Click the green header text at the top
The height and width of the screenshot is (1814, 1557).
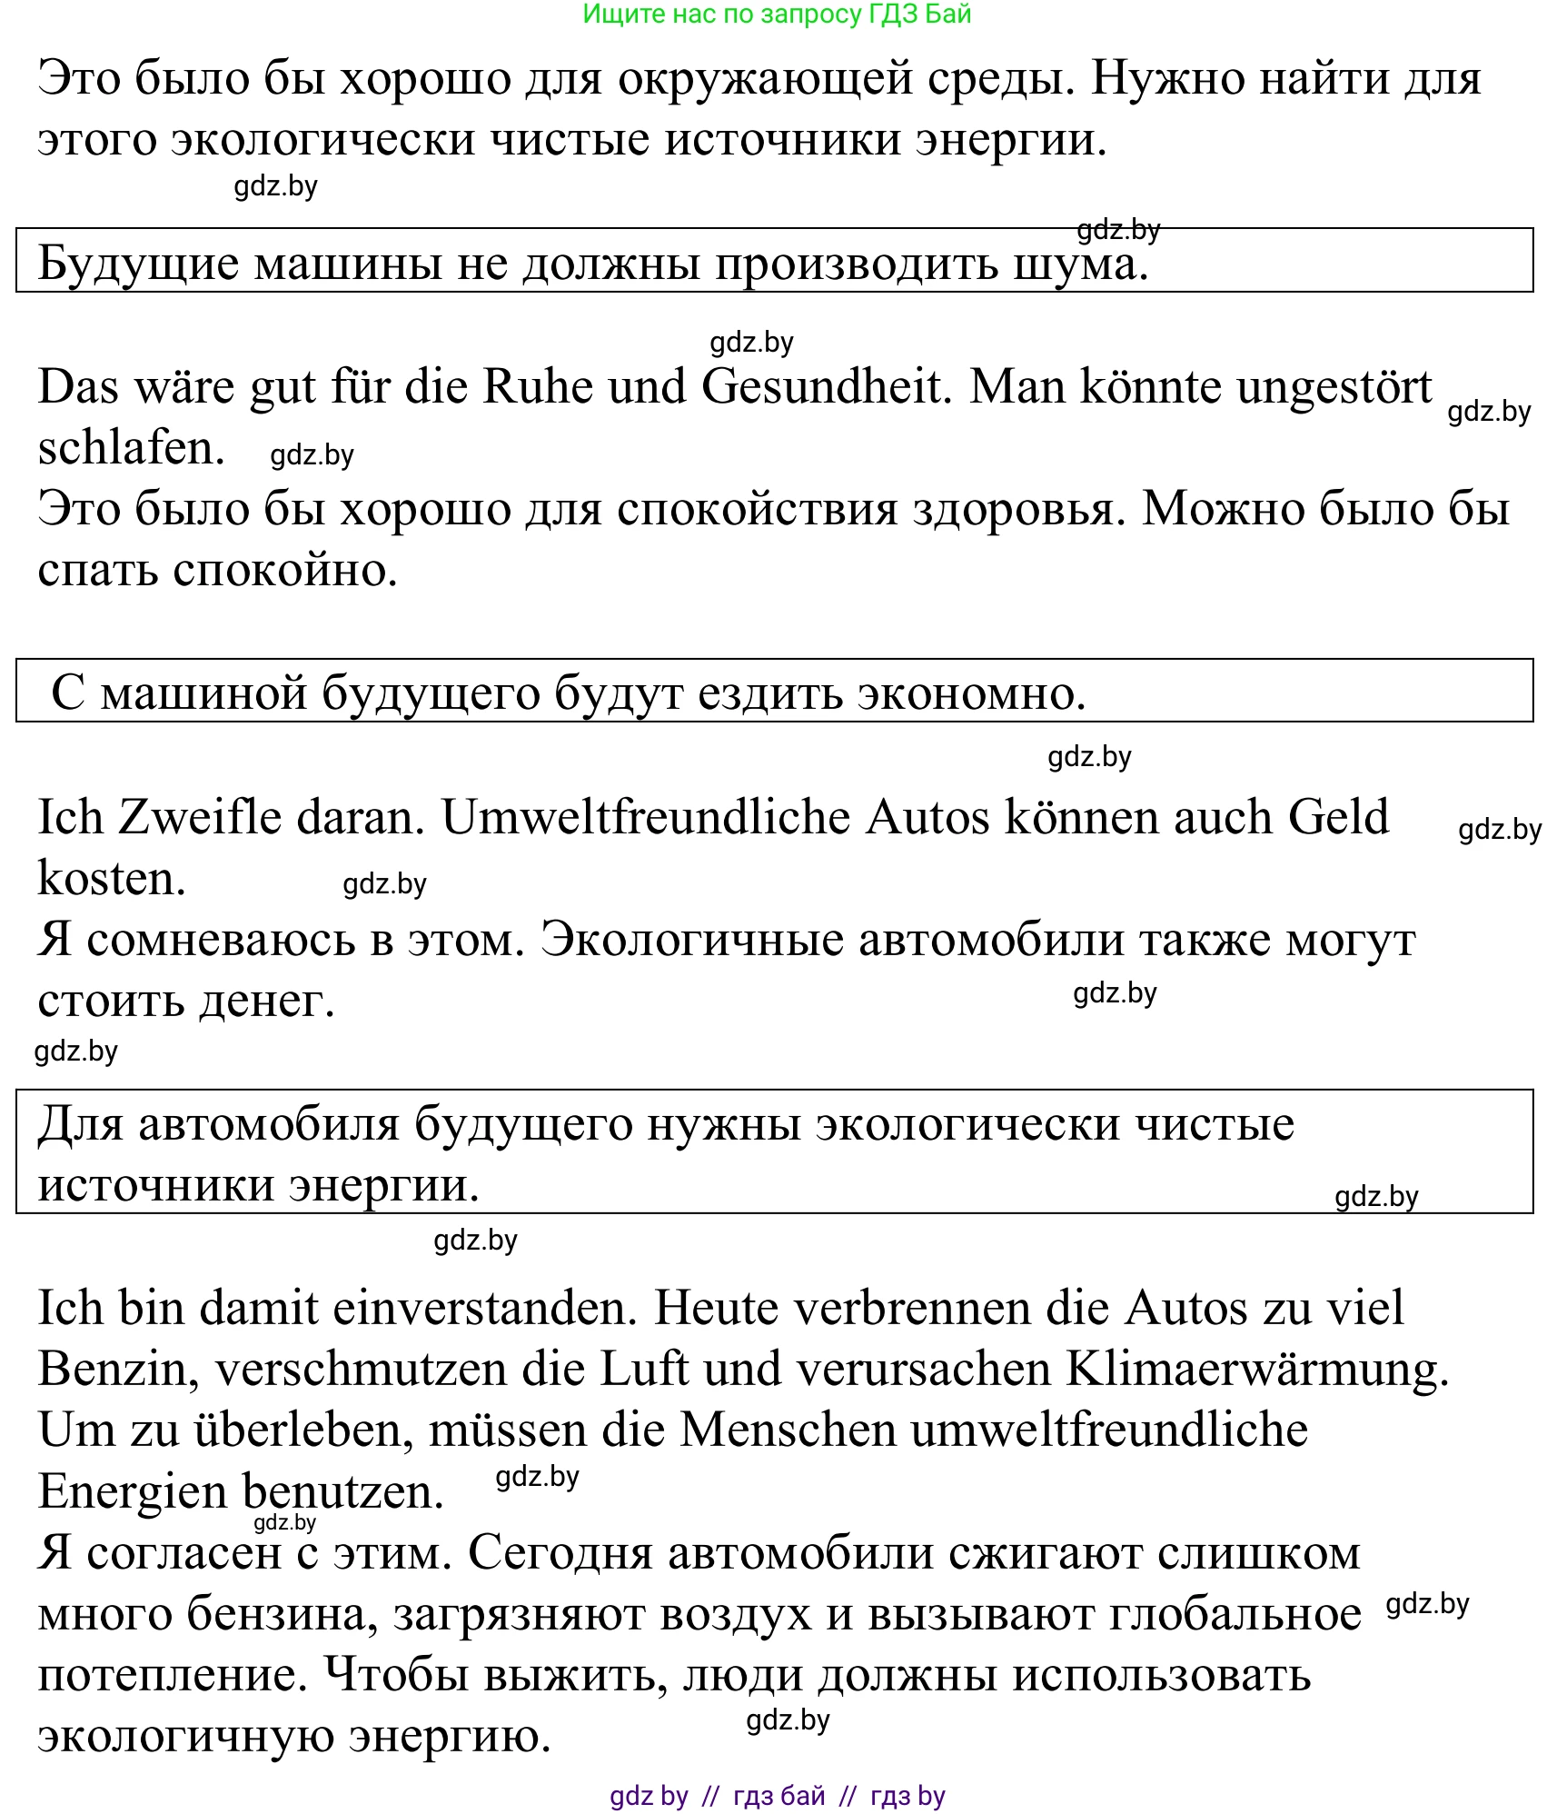(x=777, y=15)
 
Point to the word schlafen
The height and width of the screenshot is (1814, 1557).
(x=131, y=448)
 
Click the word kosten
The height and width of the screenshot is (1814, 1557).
(x=112, y=879)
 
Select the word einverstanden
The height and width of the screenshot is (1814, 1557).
(x=485, y=1309)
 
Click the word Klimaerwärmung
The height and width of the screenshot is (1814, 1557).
(x=1256, y=1370)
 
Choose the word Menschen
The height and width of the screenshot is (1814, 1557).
(x=788, y=1430)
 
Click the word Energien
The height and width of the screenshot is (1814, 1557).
(x=132, y=1492)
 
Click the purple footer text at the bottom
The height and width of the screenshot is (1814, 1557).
(x=777, y=1796)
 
